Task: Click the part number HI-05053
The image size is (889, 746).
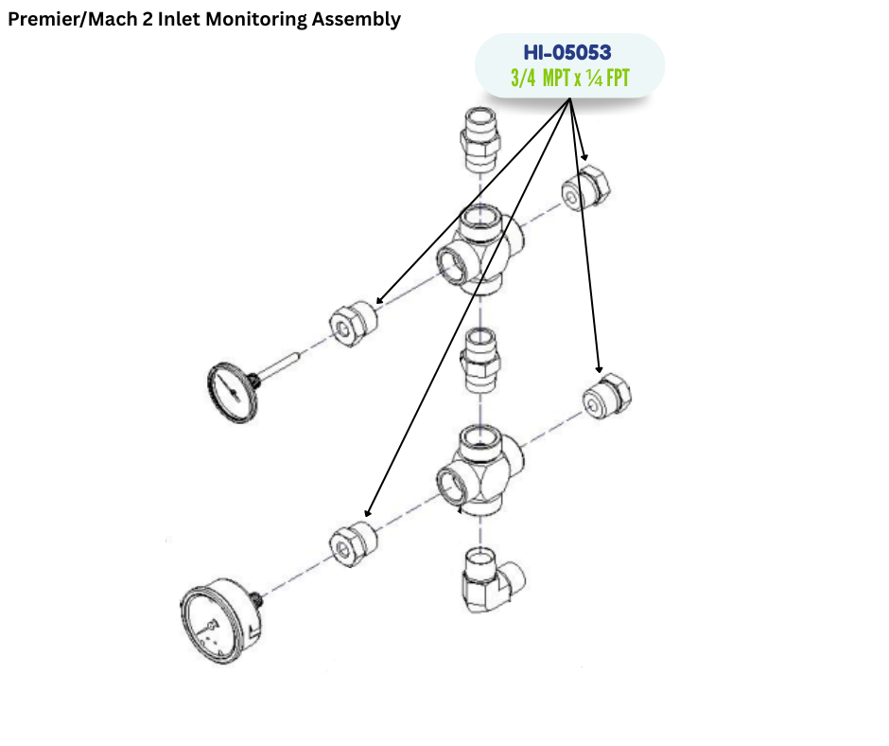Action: tap(567, 53)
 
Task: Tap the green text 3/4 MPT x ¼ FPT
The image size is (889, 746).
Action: tap(568, 78)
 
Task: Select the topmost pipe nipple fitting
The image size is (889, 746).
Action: tap(479, 136)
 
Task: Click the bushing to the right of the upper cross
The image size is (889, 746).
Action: tap(585, 187)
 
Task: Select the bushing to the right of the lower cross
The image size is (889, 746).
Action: tap(605, 397)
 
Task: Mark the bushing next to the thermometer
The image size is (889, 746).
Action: tap(353, 323)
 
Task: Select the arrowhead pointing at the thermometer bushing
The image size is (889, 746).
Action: tap(378, 302)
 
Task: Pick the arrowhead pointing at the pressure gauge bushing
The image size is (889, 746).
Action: tap(368, 515)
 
